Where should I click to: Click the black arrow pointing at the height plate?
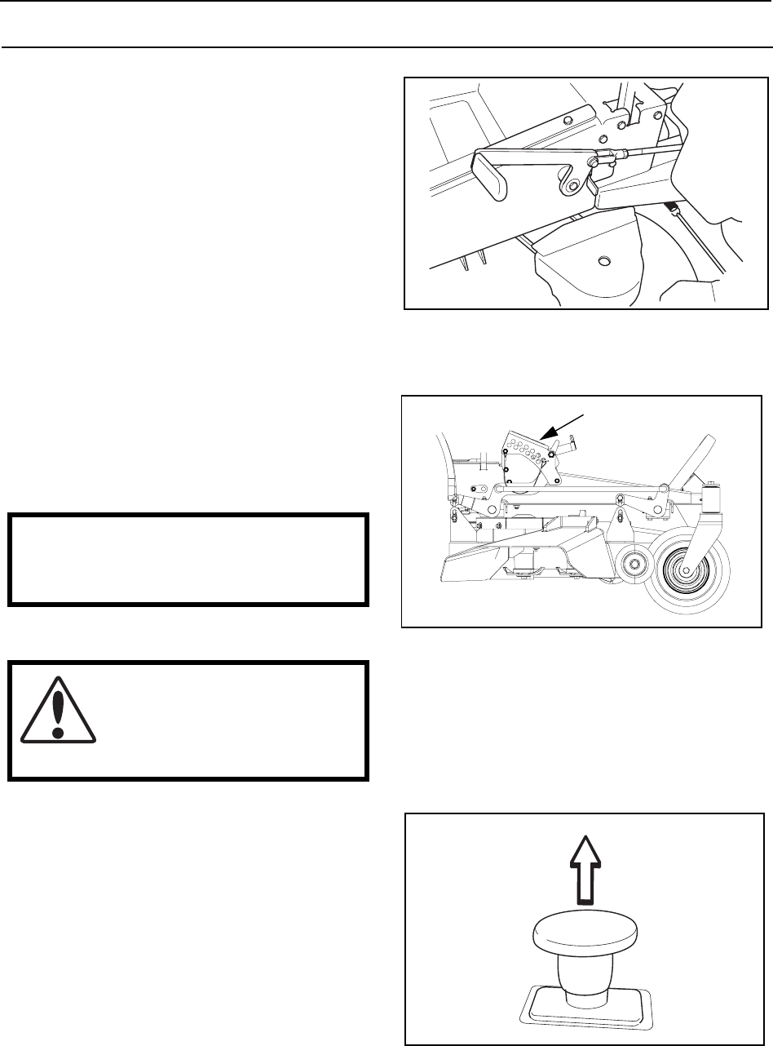pos(563,427)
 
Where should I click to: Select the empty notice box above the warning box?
pos(188,559)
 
